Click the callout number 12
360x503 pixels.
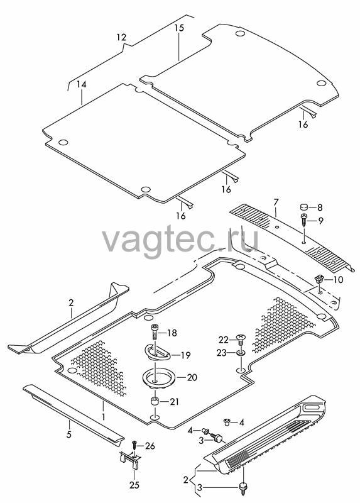121,37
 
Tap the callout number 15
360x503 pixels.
180,28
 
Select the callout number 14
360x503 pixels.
82,84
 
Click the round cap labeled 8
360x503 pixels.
304,207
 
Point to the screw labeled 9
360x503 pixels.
303,221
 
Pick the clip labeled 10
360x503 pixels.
319,278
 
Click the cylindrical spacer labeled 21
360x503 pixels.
155,402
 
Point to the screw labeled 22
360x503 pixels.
241,339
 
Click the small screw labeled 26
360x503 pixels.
134,446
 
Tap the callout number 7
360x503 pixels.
276,202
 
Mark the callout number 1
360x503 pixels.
104,416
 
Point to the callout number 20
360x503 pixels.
192,378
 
